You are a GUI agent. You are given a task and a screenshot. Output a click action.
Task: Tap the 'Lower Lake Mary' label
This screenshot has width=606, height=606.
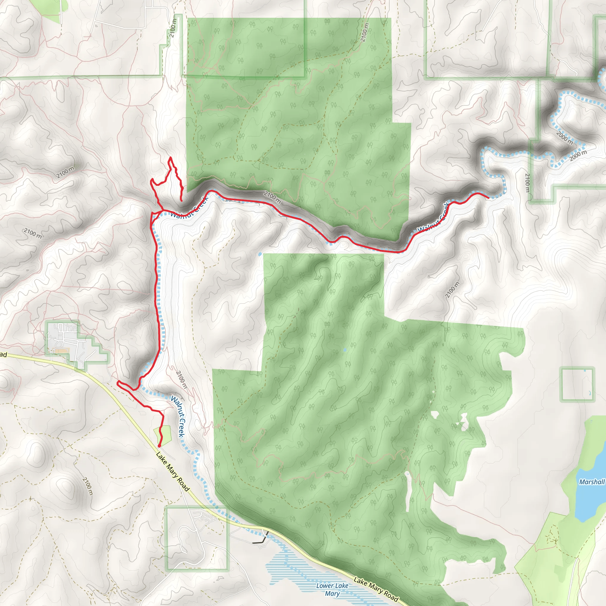332,589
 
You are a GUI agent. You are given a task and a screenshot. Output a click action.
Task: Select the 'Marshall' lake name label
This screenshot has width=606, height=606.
592,482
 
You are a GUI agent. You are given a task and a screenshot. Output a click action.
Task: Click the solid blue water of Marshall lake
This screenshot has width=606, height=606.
586,502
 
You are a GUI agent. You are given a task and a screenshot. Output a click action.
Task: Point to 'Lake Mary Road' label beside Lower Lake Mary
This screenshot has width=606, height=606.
376,590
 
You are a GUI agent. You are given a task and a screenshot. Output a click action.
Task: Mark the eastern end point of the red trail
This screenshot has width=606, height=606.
488,198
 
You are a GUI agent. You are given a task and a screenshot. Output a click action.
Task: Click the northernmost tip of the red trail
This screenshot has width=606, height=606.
170,157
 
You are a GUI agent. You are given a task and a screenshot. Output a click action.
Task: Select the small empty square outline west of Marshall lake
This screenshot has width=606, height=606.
577,385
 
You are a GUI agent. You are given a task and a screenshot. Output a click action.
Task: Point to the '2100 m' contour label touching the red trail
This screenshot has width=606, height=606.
272,198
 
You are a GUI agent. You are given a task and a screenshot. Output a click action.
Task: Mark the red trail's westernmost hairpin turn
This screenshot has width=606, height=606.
118,383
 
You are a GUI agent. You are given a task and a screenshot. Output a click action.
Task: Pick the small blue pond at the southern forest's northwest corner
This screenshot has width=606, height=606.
260,254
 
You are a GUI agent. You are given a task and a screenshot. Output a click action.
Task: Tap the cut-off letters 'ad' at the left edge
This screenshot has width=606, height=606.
3,355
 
